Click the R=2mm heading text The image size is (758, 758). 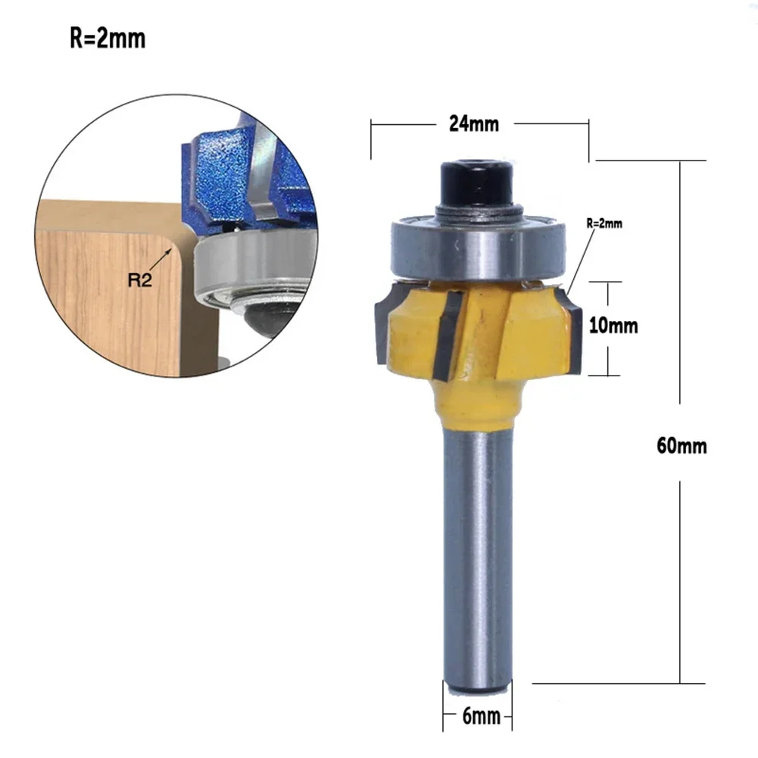click(x=107, y=39)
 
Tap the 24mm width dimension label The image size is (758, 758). click(x=474, y=124)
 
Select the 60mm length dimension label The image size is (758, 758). click(x=682, y=446)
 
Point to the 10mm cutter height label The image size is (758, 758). click(x=614, y=326)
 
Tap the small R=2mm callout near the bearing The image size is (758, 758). click(x=604, y=223)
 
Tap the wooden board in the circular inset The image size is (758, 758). click(x=106, y=303)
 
